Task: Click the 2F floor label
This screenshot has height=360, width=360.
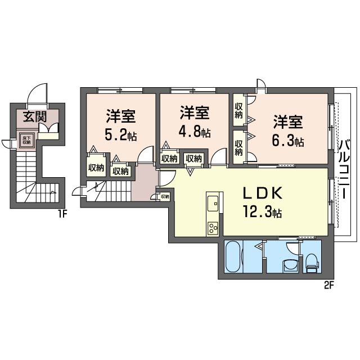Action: pos(328,285)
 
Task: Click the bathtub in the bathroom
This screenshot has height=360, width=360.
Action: pos(234,257)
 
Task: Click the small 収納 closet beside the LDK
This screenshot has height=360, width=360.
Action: pos(164,197)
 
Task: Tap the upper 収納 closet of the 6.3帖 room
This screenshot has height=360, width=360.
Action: pos(238,110)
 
